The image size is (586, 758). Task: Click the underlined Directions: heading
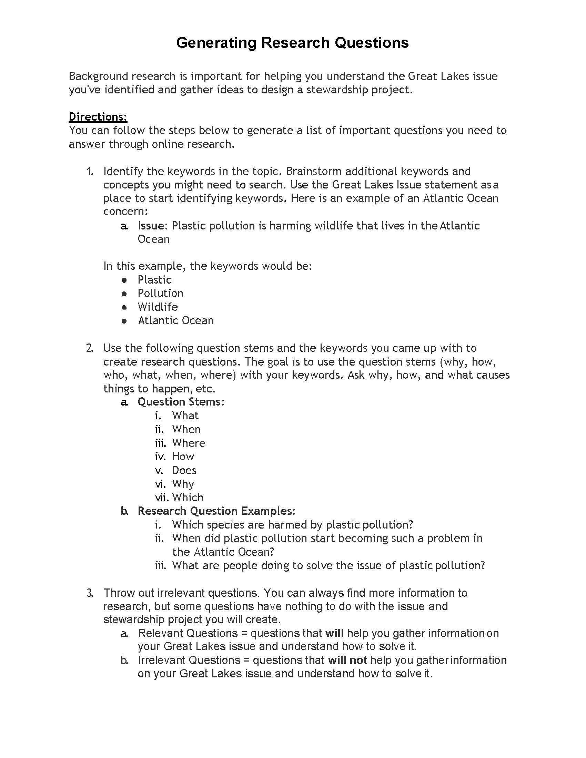pyautogui.click(x=98, y=116)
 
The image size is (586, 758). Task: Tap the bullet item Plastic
pyautogui.click(x=154, y=280)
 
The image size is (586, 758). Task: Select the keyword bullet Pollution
pyautogui.click(x=160, y=293)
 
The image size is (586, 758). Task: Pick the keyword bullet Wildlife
pyautogui.click(x=158, y=307)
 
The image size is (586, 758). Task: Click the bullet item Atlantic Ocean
pyautogui.click(x=176, y=320)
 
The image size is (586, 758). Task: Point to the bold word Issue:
pyautogui.click(x=153, y=226)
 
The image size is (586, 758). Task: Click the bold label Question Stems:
pyautogui.click(x=181, y=402)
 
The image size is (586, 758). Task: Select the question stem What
pyautogui.click(x=185, y=416)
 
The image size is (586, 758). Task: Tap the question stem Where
pyautogui.click(x=189, y=443)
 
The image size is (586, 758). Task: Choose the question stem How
pyautogui.click(x=183, y=457)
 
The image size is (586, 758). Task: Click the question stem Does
pyautogui.click(x=184, y=470)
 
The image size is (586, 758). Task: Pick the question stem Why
pyautogui.click(x=183, y=484)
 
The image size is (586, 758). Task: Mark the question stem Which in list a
pyautogui.click(x=188, y=497)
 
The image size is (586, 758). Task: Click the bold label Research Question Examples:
pyautogui.click(x=216, y=511)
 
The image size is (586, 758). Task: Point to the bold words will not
pyautogui.click(x=347, y=660)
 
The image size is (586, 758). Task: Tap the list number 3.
pyautogui.click(x=90, y=593)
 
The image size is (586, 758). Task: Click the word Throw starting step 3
pyautogui.click(x=118, y=593)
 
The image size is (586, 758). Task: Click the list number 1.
pyautogui.click(x=90, y=171)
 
